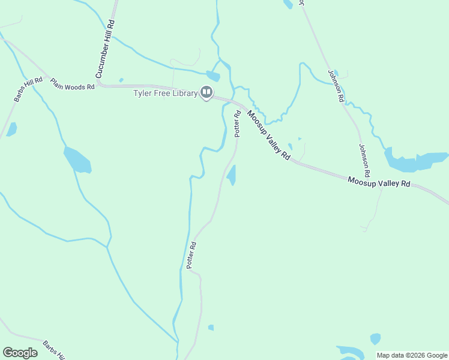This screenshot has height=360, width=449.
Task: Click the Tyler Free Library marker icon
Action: [x=206, y=92]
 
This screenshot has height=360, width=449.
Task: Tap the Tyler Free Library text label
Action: [x=165, y=93]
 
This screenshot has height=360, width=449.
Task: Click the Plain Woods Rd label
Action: [x=73, y=83]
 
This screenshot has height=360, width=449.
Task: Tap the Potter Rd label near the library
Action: [x=238, y=124]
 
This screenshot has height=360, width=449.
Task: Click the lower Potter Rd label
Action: [x=191, y=255]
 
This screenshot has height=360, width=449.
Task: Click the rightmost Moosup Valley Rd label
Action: [x=379, y=182]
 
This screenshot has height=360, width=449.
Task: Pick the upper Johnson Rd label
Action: [x=336, y=86]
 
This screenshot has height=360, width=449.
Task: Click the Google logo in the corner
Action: [x=20, y=353]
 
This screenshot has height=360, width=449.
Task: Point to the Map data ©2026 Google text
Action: [x=412, y=355]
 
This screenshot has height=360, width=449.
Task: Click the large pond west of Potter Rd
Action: [x=76, y=159]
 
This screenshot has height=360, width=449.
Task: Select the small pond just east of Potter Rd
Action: [x=232, y=175]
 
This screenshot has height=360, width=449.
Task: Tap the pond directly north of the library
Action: [x=213, y=76]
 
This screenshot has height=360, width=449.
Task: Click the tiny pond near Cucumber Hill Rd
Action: [x=121, y=80]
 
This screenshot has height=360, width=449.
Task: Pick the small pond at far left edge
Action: [x=11, y=129]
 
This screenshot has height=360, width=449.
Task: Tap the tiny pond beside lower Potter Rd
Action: [x=211, y=328]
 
